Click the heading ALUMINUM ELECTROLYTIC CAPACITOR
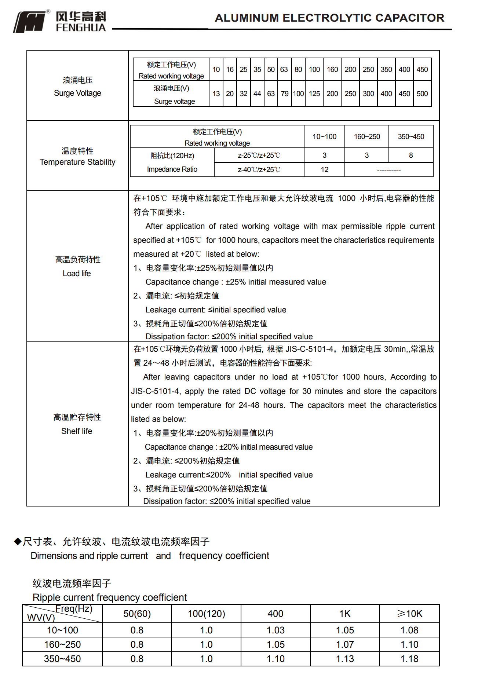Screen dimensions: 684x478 click(x=329, y=18)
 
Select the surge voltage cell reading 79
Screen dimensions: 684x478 click(x=284, y=94)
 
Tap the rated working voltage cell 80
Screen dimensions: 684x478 click(x=298, y=69)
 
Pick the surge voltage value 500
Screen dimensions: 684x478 click(x=422, y=94)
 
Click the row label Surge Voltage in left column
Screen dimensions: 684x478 click(x=77, y=93)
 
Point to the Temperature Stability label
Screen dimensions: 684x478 click(x=77, y=162)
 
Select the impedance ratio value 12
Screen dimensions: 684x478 click(x=324, y=169)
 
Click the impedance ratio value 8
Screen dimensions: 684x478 click(x=411, y=155)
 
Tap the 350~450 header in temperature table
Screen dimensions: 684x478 click(x=411, y=136)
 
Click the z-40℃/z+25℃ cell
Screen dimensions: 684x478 click(x=259, y=169)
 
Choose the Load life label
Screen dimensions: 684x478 click(x=77, y=273)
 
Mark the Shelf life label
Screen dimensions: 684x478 click(x=77, y=431)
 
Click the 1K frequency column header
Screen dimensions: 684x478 click(x=344, y=614)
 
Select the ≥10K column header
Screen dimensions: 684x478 click(x=409, y=614)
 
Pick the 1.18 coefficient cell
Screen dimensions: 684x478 click(x=409, y=659)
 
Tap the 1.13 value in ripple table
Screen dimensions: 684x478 click(x=344, y=659)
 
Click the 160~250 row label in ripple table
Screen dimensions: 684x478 click(x=62, y=644)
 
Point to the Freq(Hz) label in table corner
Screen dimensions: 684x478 click(x=74, y=609)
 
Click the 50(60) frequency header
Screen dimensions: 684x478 click(x=137, y=614)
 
